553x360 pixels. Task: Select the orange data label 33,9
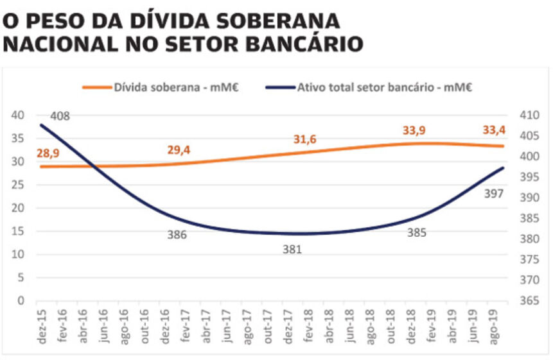coord(414,130)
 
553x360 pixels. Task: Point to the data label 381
coord(292,249)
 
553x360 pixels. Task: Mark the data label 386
coord(177,235)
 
